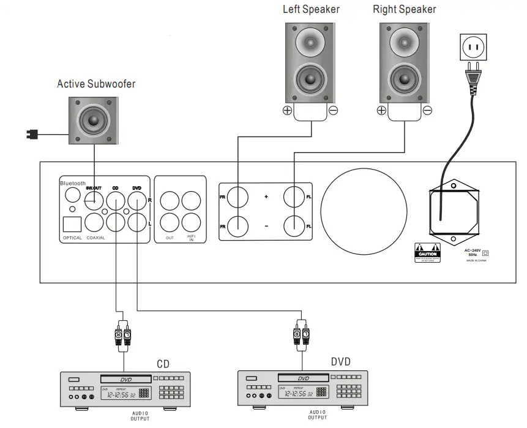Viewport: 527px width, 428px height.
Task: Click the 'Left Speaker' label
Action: pyautogui.click(x=310, y=9)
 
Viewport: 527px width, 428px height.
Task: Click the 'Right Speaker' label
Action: pyautogui.click(x=405, y=9)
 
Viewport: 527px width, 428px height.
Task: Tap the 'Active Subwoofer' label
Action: pyautogui.click(x=96, y=83)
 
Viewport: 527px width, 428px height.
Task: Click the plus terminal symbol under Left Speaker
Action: pyautogui.click(x=286, y=111)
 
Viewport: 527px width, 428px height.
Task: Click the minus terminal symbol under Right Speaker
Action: pyautogui.click(x=427, y=111)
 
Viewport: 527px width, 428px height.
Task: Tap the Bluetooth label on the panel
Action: pyautogui.click(x=73, y=183)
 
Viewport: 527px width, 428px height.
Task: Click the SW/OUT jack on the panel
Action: pyautogui.click(x=94, y=197)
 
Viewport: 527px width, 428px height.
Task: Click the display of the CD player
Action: pyautogui.click(x=119, y=393)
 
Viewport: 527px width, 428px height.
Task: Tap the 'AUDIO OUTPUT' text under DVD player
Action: pyautogui.click(x=317, y=415)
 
